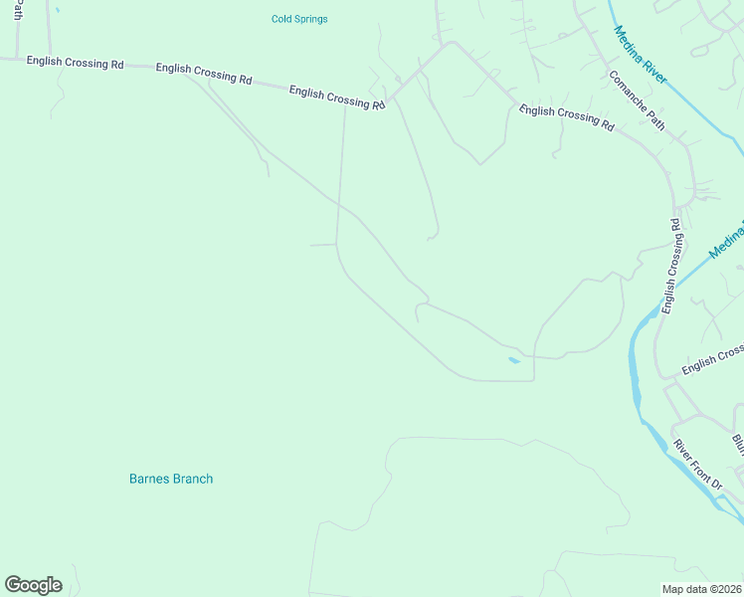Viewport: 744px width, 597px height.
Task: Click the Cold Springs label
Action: pos(299,19)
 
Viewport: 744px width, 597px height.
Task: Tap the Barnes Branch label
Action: pos(171,479)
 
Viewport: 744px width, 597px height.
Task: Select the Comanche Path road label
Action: pos(637,99)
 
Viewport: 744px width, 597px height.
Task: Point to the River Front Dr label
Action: pos(697,465)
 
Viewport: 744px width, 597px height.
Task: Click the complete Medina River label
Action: pos(641,55)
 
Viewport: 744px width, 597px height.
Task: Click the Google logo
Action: pos(33,585)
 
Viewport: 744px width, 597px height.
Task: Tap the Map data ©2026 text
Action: pos(701,589)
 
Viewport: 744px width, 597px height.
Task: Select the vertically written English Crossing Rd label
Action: pos(672,266)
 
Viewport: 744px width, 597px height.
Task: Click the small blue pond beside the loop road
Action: pos(513,360)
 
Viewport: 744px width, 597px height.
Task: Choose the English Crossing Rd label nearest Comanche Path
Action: pos(566,116)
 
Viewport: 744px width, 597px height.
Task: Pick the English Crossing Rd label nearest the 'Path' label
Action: pos(75,63)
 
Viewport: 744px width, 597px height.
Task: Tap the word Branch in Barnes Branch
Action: pos(193,479)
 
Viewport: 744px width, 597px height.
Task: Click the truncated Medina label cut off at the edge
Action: pos(727,242)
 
